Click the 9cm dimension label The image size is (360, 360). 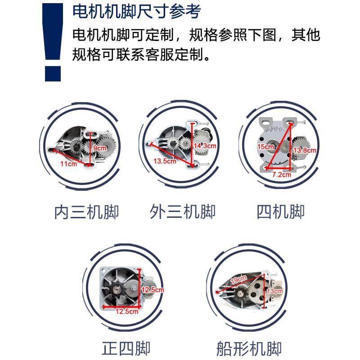(x=100, y=148)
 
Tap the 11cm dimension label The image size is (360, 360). (x=68, y=163)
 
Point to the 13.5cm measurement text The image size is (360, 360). (x=165, y=161)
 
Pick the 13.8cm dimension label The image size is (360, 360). (x=304, y=150)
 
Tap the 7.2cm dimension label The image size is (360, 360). (x=282, y=174)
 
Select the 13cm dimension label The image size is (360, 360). (x=274, y=291)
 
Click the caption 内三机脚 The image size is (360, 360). (x=86, y=211)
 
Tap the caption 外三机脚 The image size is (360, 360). (x=182, y=211)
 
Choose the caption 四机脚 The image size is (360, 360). (x=280, y=211)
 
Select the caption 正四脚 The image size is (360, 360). (x=126, y=348)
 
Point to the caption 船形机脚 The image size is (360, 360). (x=249, y=348)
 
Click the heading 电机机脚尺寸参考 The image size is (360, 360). (x=136, y=12)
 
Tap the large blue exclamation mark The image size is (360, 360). (x=53, y=40)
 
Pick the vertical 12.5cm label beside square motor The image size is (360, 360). (x=153, y=290)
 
